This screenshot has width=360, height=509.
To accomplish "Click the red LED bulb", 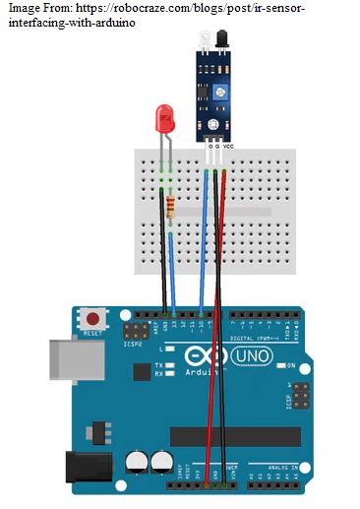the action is pyautogui.click(x=164, y=122).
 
